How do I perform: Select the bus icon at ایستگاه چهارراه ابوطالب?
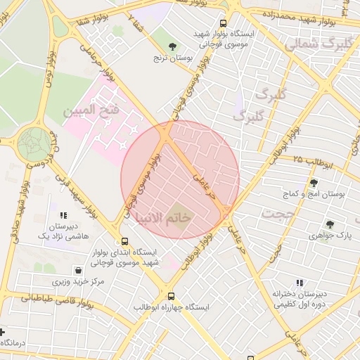(x=170, y=296)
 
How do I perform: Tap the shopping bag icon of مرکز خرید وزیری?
(x=77, y=270)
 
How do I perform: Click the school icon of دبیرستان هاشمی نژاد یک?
(x=63, y=216)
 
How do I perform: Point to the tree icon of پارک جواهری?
(x=329, y=224)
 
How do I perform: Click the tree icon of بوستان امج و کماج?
(x=313, y=183)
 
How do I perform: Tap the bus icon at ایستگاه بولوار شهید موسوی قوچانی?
(x=224, y=22)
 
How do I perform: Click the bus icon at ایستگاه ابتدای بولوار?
(x=124, y=240)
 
